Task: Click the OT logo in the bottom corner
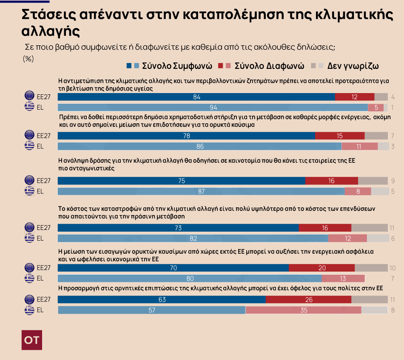pyautogui.click(x=32, y=340)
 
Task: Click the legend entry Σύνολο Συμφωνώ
pyautogui.click(x=172, y=66)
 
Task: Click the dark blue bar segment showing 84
pyautogui.click(x=196, y=97)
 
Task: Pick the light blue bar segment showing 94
pyautogui.click(x=213, y=107)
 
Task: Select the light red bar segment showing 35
pyautogui.click(x=303, y=310)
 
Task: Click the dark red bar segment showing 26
pyautogui.click(x=308, y=300)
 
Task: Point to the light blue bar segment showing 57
pyautogui.click(x=151, y=310)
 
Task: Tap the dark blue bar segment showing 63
pyautogui.click(x=162, y=300)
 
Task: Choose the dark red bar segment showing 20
pyautogui.click(x=321, y=268)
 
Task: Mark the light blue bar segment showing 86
pyautogui.click(x=199, y=146)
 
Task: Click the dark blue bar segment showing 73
pyautogui.click(x=178, y=228)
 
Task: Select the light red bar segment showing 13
pyautogui.click(x=343, y=278)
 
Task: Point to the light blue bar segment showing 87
pyautogui.click(x=201, y=191)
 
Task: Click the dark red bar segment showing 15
pyautogui.click(x=340, y=136)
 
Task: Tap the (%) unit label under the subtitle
pyautogui.click(x=28, y=59)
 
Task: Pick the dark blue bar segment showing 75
pyautogui.click(x=181, y=181)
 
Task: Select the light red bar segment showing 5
pyautogui.click(x=376, y=107)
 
